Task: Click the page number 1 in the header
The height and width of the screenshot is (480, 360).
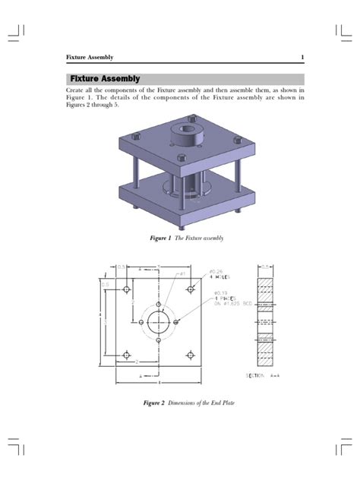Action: pos(302,58)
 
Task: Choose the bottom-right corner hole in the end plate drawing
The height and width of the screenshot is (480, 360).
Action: pos(189,355)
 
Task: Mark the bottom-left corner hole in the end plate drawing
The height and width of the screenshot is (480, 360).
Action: pos(127,355)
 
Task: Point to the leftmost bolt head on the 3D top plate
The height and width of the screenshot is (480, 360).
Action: pos(135,137)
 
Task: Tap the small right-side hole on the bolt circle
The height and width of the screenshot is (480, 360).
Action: pos(176,323)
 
